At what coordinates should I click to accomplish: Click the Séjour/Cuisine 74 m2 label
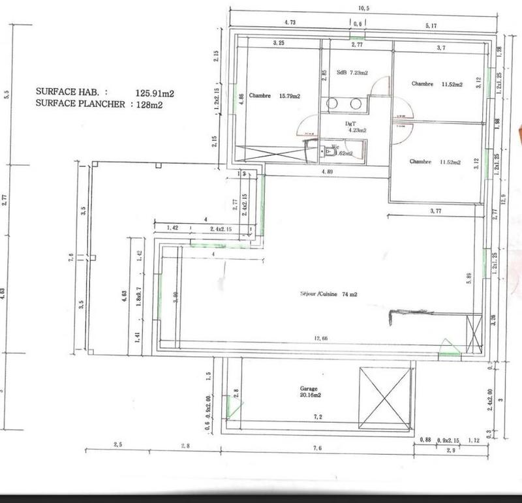(x=328, y=294)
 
